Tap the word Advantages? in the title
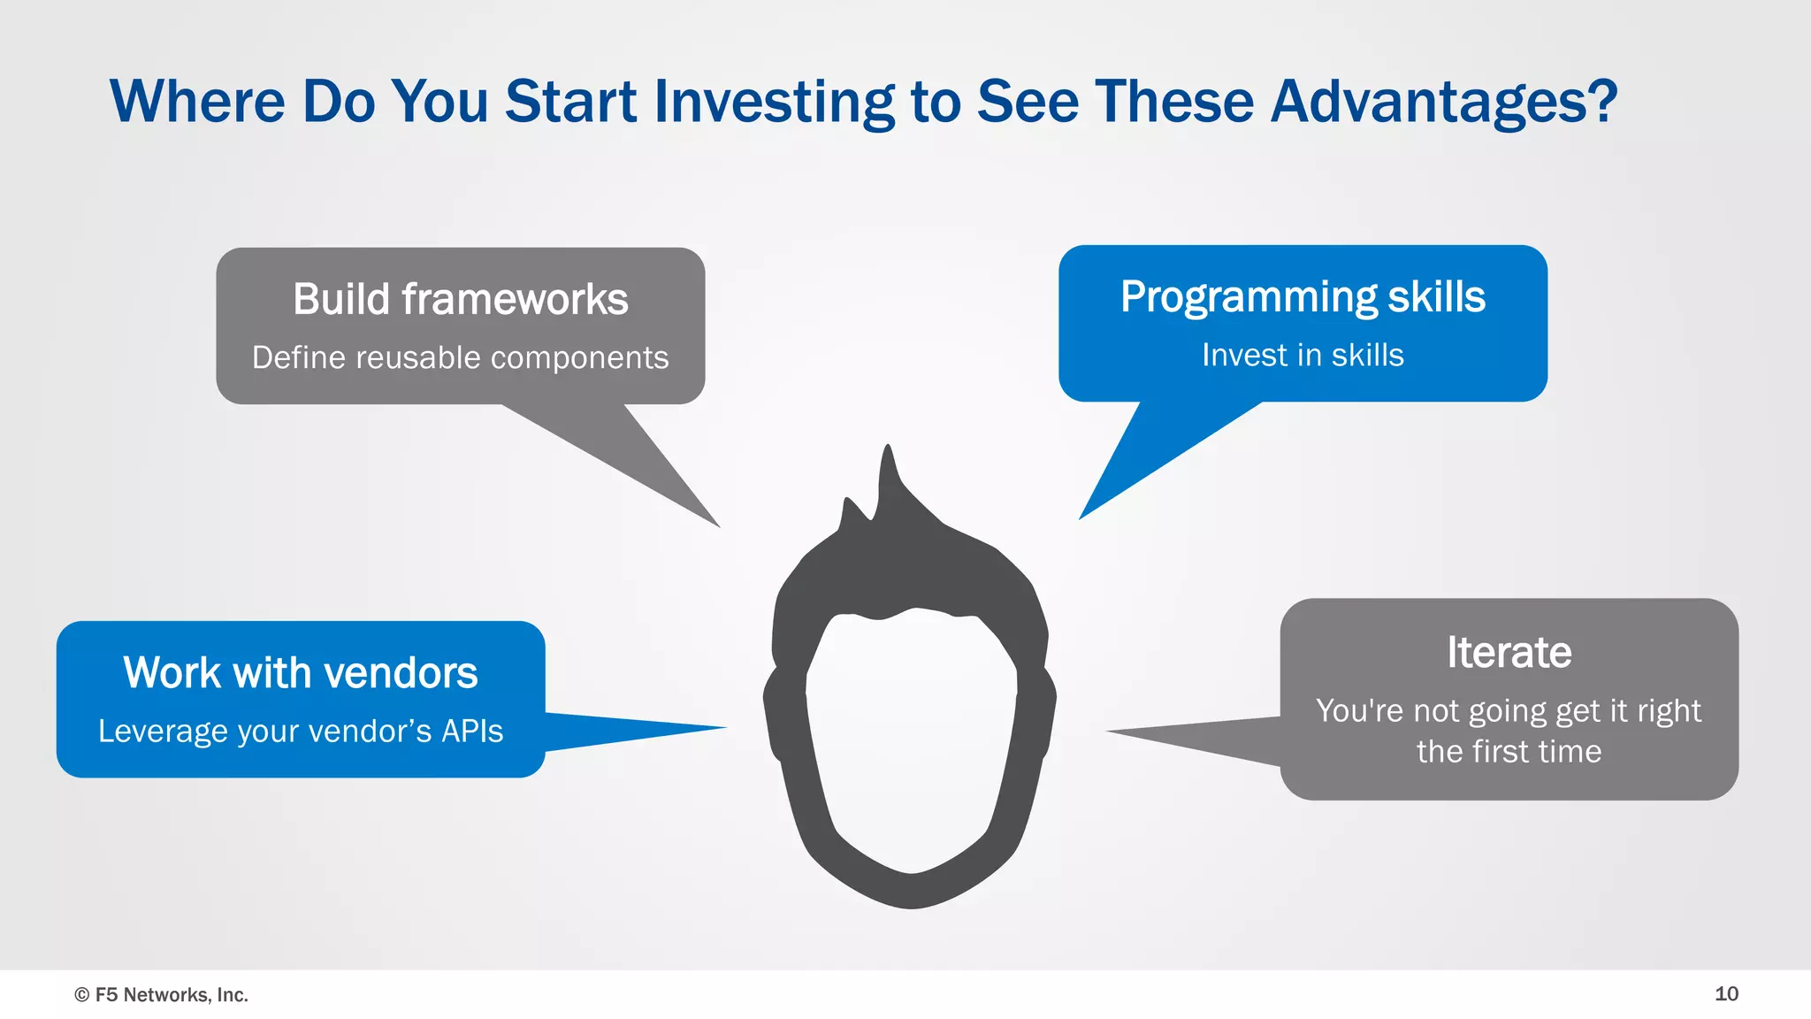pos(1443,102)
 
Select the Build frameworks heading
pos(460,299)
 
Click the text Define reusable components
pos(460,357)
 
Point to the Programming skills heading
pos(1303,296)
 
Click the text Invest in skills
pos(1303,355)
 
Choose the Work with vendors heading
pos(301,672)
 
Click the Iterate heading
pos(1509,652)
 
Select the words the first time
pos(1509,751)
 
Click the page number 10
pos(1726,993)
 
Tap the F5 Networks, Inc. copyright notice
pos(162,994)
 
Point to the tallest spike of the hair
pos(888,456)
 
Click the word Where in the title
pos(197,102)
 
